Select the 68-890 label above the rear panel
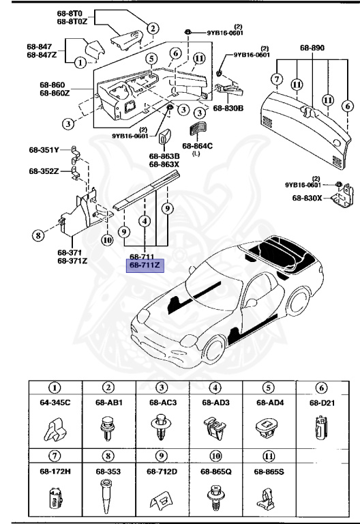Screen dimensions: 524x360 tap(312, 48)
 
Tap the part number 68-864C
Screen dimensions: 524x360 tap(197, 145)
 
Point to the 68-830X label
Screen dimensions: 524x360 tap(307, 198)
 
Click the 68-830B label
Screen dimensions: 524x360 tap(229, 108)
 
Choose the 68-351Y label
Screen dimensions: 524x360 tap(44, 149)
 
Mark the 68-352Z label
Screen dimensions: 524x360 tap(44, 171)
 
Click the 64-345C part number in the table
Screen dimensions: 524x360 tap(54, 403)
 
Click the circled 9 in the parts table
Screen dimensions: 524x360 tap(161, 456)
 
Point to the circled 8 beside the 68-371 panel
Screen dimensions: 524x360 tap(37, 236)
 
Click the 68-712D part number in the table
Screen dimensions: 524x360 tap(162, 471)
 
